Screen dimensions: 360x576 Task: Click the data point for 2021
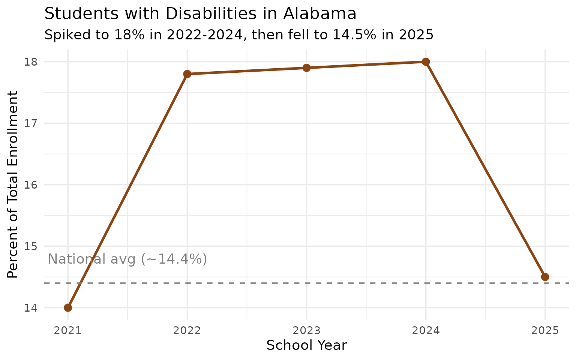pyautogui.click(x=68, y=307)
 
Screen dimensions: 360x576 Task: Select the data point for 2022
pyautogui.click(x=187, y=74)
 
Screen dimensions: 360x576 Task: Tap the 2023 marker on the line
pyautogui.click(x=306, y=68)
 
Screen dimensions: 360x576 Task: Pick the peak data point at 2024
pyautogui.click(x=426, y=61)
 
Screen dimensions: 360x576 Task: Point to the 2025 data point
pyautogui.click(x=545, y=277)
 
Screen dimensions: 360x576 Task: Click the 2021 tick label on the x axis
pyautogui.click(x=68, y=331)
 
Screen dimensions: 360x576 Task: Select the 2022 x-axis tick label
pyautogui.click(x=187, y=331)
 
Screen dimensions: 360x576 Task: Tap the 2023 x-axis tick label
pyautogui.click(x=306, y=331)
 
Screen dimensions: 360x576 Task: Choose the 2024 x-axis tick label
pyautogui.click(x=426, y=331)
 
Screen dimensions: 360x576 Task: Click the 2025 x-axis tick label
pyautogui.click(x=545, y=331)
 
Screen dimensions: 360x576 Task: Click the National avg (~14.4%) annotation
pyautogui.click(x=127, y=259)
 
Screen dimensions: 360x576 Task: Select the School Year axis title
pyautogui.click(x=306, y=345)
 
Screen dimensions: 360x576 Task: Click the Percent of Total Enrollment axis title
pyautogui.click(x=13, y=184)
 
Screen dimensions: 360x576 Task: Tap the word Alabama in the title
pyautogui.click(x=319, y=14)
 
